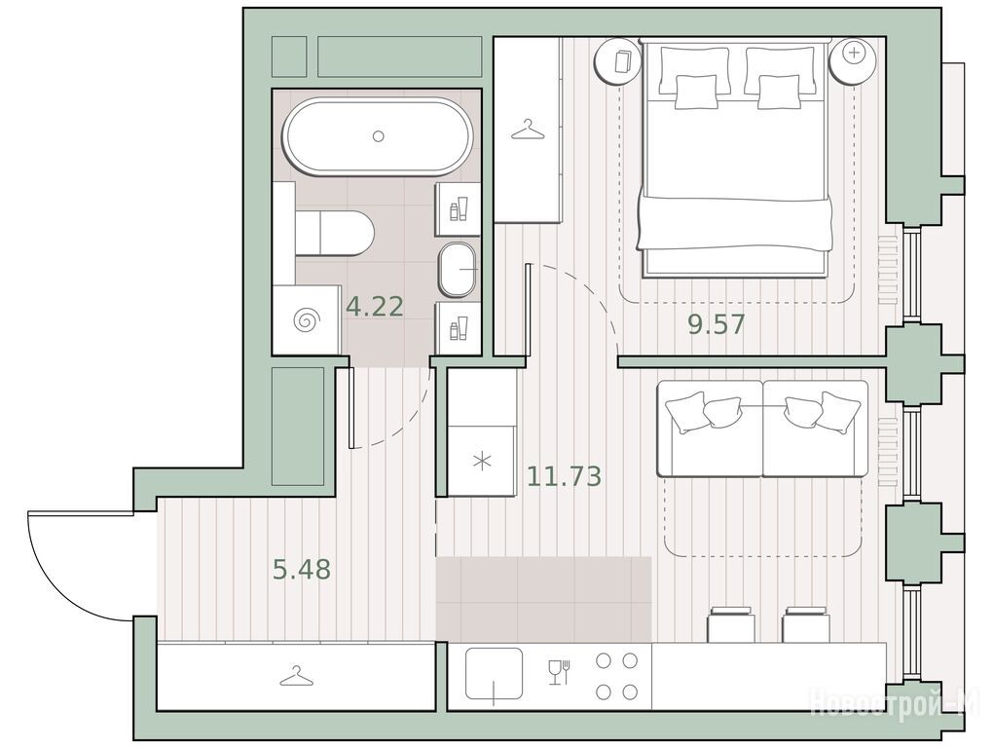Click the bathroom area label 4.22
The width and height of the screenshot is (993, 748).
[x=374, y=307]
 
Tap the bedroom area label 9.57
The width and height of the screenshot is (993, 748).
[x=717, y=325]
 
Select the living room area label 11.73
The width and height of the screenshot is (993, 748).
[x=564, y=475]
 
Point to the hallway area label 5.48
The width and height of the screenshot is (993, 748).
[x=302, y=570]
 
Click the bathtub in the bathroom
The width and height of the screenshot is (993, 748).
[x=378, y=136]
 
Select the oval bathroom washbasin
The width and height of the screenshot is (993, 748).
[x=458, y=269]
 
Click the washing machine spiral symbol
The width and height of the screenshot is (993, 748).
[x=306, y=320]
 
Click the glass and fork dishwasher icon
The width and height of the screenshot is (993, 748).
[x=559, y=672]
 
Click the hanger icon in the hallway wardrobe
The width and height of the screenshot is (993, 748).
[x=297, y=678]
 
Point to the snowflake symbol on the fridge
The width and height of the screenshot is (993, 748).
[x=482, y=461]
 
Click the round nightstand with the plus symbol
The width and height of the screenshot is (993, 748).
[x=854, y=60]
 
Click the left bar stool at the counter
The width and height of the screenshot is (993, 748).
[x=731, y=624]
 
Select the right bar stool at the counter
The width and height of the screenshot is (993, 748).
[x=805, y=624]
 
